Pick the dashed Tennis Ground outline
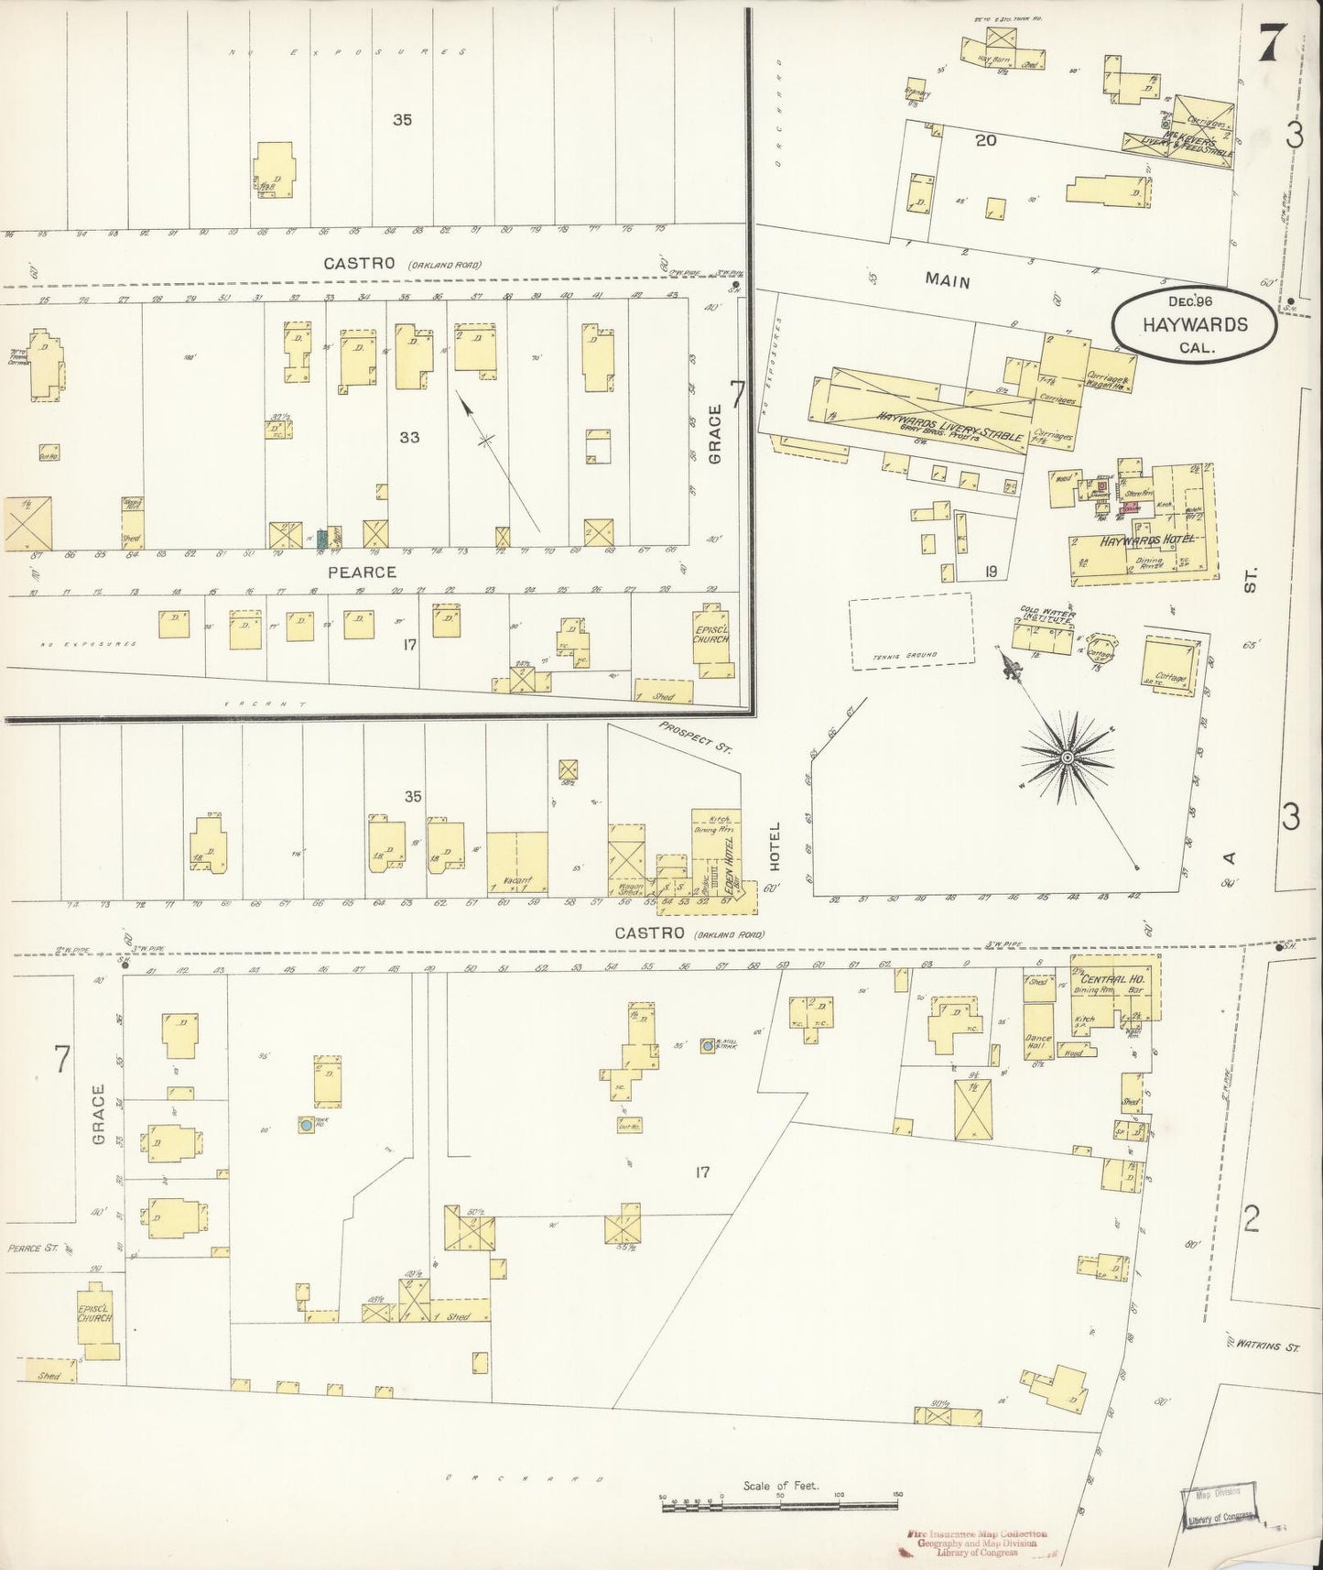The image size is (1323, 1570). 910,632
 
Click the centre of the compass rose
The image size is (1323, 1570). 1067,758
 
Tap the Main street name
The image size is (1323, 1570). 947,281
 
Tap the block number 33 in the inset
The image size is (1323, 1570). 408,437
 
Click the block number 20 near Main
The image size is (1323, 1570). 985,140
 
